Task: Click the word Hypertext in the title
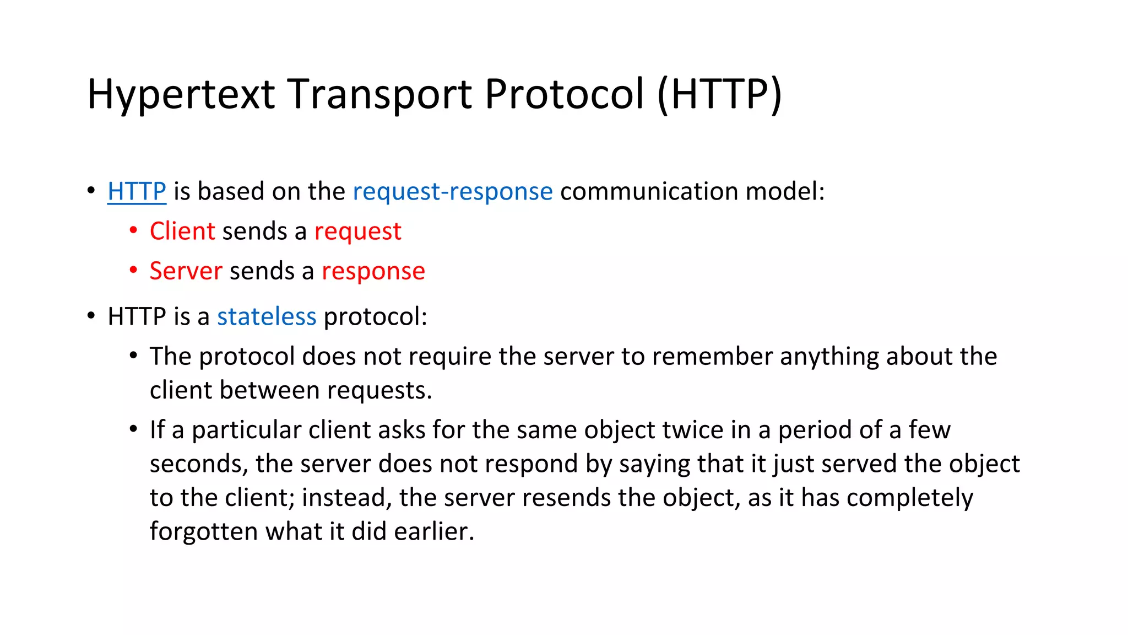181,95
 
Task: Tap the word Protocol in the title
564,94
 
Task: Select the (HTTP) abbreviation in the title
719,94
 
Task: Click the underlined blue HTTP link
137,191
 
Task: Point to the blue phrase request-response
452,192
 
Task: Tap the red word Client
182,231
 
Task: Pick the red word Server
186,271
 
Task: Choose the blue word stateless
267,317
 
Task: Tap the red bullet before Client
133,230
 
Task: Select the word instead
346,498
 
